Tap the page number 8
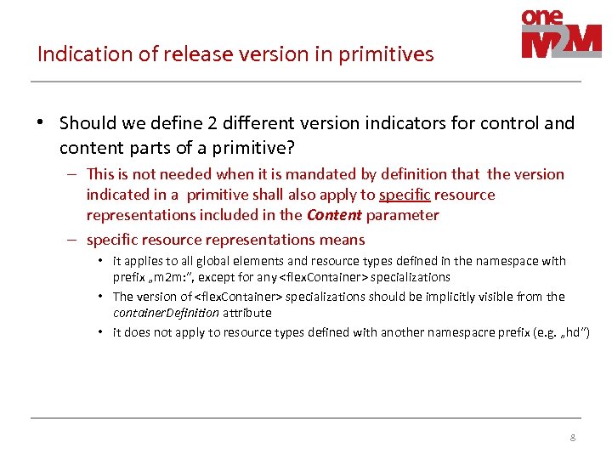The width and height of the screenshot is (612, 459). coord(572,439)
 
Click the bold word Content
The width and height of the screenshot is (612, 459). coord(334,215)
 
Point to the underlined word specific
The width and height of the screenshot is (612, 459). coord(405,195)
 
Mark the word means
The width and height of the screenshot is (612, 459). coord(343,240)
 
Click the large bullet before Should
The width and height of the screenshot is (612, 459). coord(41,123)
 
